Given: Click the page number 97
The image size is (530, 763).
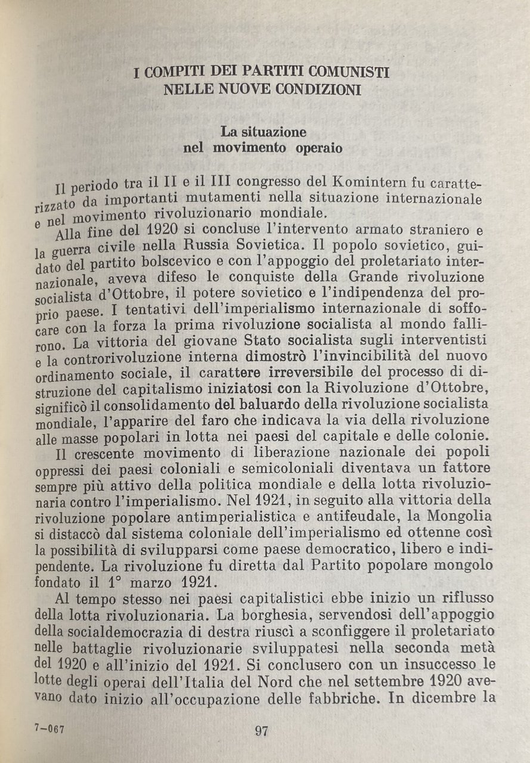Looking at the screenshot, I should pyautogui.click(x=261, y=731).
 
